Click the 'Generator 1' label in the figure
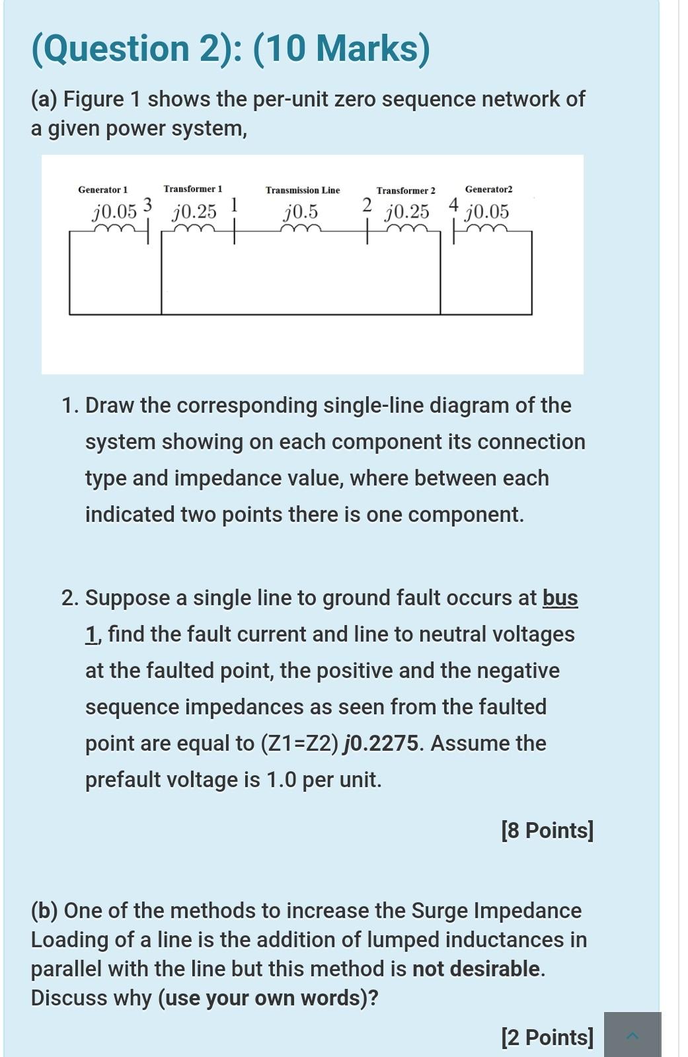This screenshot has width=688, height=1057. (103, 190)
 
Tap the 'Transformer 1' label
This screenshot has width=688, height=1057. (193, 189)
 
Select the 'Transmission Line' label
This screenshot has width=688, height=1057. (303, 190)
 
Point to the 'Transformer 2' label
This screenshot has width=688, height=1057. (406, 190)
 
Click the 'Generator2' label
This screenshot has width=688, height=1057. (488, 190)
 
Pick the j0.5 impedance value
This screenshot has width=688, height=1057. (301, 212)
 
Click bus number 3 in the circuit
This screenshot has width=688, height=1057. (148, 204)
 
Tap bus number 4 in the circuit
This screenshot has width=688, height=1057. (453, 204)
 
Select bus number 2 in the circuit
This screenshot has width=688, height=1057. (367, 204)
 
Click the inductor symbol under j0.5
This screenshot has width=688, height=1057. (301, 229)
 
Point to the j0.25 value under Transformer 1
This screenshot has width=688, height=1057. (194, 212)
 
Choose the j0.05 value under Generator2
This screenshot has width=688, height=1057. (487, 212)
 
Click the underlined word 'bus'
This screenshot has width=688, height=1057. (560, 598)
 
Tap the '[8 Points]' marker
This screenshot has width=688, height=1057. (547, 830)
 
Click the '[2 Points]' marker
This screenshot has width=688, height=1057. (547, 1037)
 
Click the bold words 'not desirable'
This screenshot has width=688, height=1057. (477, 969)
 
